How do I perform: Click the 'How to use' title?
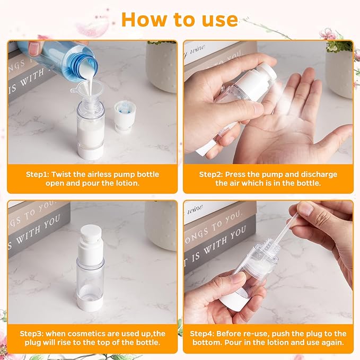tap(179, 20)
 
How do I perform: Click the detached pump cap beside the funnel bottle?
tap(125, 116)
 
